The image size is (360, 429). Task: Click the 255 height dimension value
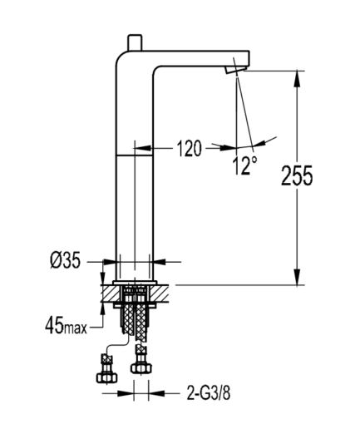(297, 175)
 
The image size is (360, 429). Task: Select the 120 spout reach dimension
(189, 149)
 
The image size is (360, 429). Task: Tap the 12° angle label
(244, 165)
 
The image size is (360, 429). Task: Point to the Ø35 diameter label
(65, 260)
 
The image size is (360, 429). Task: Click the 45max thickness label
(66, 325)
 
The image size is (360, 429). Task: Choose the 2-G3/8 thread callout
(209, 393)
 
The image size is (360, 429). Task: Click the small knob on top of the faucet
(135, 42)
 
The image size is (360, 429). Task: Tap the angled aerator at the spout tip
(235, 70)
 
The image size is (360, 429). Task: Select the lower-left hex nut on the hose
(106, 377)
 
